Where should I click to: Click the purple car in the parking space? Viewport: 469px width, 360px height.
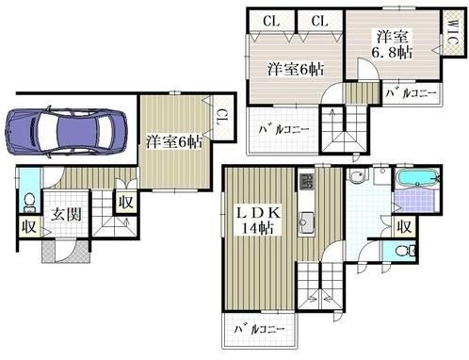coord(66,131)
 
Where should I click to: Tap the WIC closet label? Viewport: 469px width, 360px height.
coord(453,32)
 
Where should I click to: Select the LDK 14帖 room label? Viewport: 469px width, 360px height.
coord(258,221)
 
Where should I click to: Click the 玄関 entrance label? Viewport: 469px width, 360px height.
coord(66,215)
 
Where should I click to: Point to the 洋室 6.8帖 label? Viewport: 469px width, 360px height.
coord(392,44)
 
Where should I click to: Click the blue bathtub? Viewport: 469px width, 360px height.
coord(417,178)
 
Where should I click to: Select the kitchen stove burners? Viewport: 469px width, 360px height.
coord(306,182)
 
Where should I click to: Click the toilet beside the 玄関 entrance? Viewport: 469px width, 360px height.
coord(30,203)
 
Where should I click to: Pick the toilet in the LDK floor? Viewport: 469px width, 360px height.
coord(405,251)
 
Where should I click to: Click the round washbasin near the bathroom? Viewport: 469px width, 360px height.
coord(357,176)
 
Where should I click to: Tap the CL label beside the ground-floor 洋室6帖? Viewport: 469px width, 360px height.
coord(222,118)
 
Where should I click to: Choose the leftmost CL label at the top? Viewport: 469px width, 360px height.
coord(271,22)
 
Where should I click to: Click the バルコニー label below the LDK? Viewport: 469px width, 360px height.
coord(259,329)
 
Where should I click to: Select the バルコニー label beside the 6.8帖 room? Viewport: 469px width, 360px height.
coord(411,93)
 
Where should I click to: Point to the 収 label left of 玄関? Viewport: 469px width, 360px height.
coord(29,227)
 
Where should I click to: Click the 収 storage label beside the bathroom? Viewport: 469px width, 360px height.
coord(404,227)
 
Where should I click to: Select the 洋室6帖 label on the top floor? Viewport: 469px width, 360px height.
coord(296,69)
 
